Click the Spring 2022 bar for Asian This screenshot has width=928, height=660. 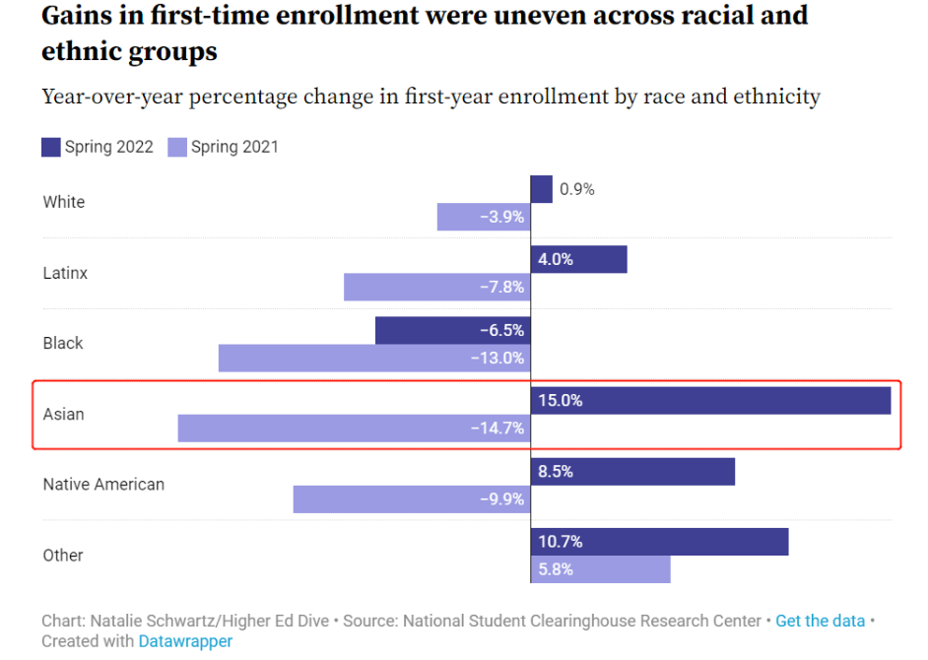(x=710, y=401)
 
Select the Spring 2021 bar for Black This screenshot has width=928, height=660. (x=374, y=359)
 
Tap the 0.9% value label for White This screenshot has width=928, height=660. (x=577, y=189)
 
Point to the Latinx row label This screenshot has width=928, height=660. (x=65, y=273)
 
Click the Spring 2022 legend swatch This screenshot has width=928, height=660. (x=50, y=148)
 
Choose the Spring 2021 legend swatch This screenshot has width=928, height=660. (x=176, y=148)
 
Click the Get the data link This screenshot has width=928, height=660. (x=820, y=621)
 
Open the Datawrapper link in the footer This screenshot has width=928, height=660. (x=185, y=641)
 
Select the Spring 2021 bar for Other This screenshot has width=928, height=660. (x=600, y=569)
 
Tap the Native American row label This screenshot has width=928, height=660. (x=103, y=485)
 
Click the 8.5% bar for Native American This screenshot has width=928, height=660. (x=632, y=472)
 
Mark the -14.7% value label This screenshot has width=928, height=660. (x=501, y=429)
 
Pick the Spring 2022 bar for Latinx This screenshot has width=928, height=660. (x=578, y=260)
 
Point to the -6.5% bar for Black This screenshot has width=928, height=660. (x=452, y=331)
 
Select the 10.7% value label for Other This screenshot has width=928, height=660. (x=561, y=542)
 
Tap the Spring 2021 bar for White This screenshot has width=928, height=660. (x=484, y=217)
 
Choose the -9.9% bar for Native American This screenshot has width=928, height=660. (x=412, y=499)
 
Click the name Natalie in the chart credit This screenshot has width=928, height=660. (x=116, y=621)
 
